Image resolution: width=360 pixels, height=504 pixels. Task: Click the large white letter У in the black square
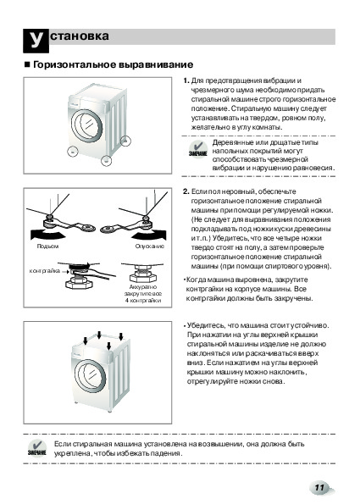(36, 40)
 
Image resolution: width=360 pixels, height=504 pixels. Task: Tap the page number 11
(319, 488)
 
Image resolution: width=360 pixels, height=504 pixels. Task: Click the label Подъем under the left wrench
(47, 246)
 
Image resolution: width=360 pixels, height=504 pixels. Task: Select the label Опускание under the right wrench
(150, 246)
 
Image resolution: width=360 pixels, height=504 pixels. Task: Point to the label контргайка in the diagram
(44, 271)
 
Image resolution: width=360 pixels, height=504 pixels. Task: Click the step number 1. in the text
(186, 80)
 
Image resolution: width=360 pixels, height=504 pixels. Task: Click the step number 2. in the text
(186, 191)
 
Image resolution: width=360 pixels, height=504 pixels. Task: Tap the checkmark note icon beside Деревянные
(197, 149)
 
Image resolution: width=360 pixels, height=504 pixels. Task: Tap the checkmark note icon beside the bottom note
(37, 448)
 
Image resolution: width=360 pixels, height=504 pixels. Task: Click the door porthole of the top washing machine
(87, 125)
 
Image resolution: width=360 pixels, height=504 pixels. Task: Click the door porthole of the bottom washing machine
(91, 374)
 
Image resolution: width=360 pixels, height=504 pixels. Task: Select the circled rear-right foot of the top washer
(126, 141)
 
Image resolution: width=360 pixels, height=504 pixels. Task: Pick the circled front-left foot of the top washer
(72, 152)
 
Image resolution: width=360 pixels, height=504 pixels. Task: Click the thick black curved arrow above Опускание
(149, 235)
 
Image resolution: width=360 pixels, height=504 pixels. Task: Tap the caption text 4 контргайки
(143, 301)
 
